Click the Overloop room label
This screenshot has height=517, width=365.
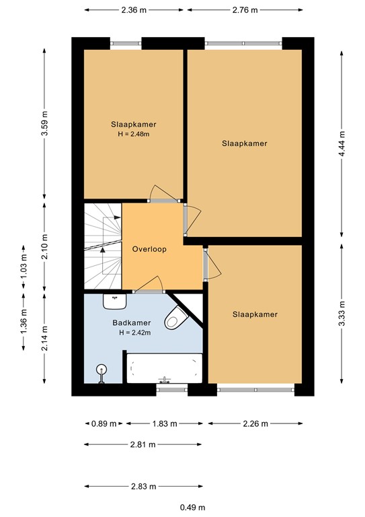pos(149,248)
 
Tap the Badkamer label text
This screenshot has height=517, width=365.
pos(132,322)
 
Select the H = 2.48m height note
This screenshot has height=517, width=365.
pos(132,134)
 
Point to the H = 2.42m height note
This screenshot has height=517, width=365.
pos(132,332)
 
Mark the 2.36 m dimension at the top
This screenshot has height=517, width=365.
pos(134,9)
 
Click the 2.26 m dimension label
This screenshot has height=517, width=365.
pos(255,423)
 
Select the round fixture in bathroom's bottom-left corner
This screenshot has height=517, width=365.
pos(102,371)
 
